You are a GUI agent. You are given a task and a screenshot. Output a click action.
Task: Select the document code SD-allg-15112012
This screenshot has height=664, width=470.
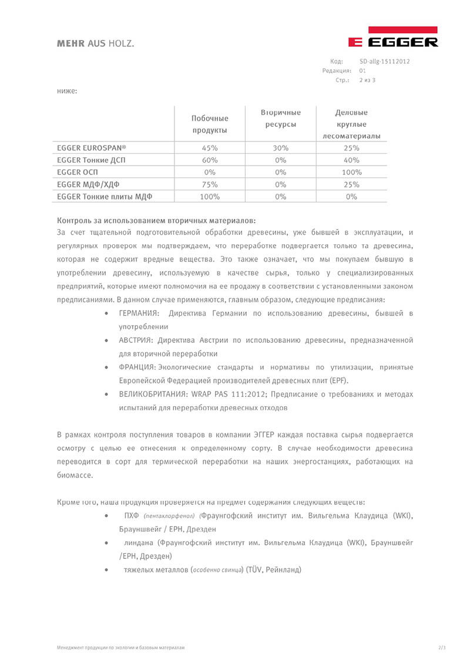coord(384,61)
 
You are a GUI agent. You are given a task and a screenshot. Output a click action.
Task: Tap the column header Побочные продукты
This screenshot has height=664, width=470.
coord(210,124)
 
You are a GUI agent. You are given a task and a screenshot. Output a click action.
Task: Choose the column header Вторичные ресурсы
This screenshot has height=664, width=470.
coord(280,118)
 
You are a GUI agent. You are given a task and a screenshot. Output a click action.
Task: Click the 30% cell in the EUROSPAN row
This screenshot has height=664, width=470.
coord(280,148)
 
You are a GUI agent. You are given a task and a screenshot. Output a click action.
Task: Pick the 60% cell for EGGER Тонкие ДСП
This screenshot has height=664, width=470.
coord(210,160)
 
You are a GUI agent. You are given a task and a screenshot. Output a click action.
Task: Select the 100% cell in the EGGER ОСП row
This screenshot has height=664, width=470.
coord(351,173)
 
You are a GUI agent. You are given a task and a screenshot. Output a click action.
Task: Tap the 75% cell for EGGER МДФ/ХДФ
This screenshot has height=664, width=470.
coord(210,184)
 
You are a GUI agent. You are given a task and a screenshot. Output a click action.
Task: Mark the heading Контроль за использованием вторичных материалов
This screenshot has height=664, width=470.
coord(156,221)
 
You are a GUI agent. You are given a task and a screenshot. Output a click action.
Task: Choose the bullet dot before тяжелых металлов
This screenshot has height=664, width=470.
coord(105,569)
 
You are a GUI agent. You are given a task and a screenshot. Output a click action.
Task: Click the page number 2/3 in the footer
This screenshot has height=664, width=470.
coord(442,648)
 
